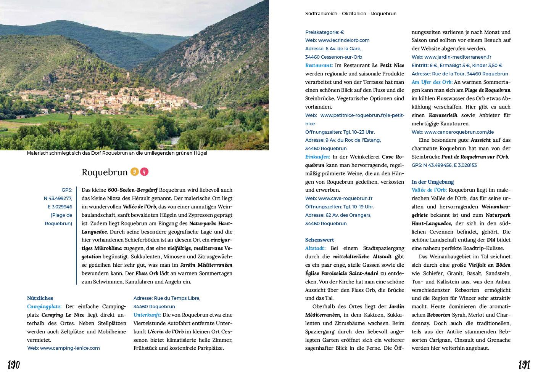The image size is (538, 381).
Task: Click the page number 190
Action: [14, 365]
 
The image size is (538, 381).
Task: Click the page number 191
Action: [524, 365]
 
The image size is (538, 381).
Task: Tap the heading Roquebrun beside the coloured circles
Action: [105, 172]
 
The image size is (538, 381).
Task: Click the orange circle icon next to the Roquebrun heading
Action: [134, 172]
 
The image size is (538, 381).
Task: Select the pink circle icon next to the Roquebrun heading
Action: [144, 172]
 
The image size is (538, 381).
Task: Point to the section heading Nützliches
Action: [40, 298]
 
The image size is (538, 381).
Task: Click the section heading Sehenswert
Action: [319, 240]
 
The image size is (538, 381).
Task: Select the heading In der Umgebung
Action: [433, 182]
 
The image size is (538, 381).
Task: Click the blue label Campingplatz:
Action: [44, 306]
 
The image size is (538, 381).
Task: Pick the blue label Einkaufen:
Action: [317, 157]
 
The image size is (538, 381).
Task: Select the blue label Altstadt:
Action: [315, 248]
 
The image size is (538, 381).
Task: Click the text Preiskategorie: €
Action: [324, 32]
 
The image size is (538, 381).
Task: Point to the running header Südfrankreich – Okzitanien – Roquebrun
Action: [351, 13]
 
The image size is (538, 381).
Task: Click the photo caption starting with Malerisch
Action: [117, 153]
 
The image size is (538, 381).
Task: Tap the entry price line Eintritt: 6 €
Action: [457, 65]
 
